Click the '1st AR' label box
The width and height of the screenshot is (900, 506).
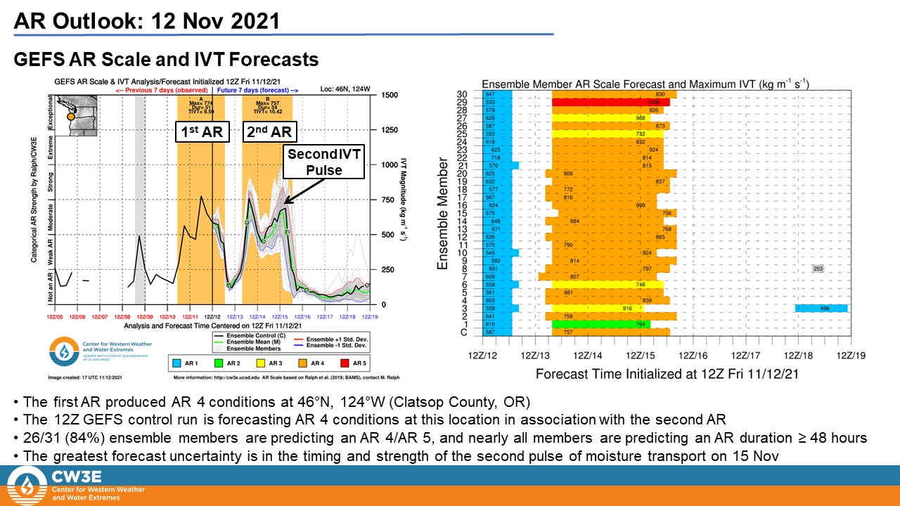[202, 133]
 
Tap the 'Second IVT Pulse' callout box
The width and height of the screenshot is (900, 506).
[324, 162]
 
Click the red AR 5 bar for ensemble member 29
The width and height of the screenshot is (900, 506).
[610, 103]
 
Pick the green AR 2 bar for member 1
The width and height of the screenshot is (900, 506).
[601, 324]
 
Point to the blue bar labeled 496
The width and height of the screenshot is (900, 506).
[821, 308]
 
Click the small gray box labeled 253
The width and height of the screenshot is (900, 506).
[818, 269]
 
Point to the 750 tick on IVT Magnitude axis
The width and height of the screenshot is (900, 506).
[387, 200]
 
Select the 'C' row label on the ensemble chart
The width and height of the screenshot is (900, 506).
[463, 332]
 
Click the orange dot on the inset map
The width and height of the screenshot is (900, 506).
[70, 117]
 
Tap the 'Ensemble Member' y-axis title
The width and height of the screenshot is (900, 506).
[443, 214]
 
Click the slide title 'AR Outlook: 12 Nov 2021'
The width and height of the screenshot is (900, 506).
[146, 20]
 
